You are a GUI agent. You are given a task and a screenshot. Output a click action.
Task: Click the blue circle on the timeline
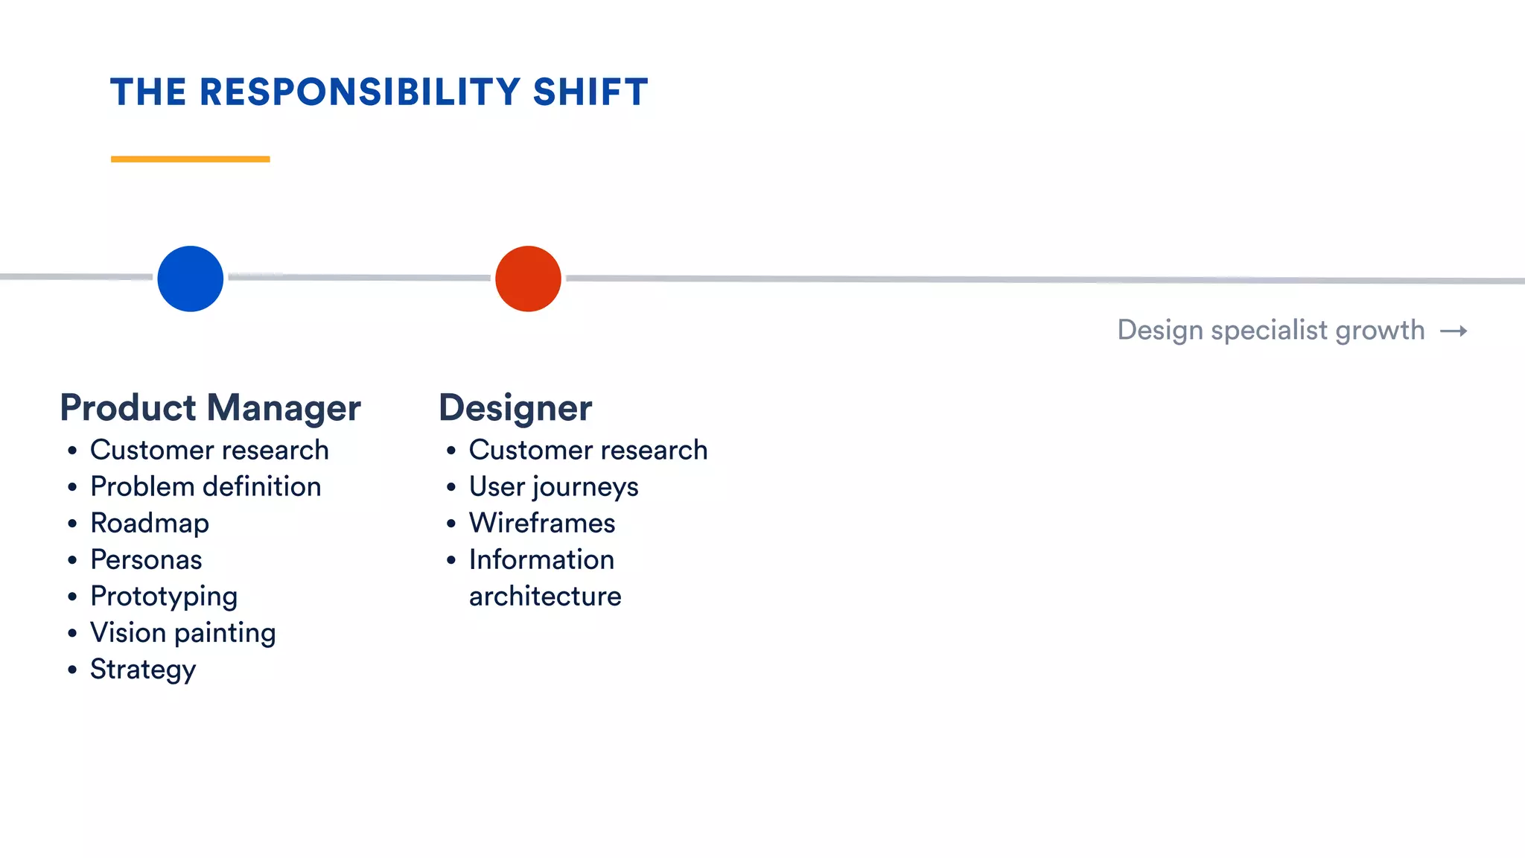click(x=191, y=279)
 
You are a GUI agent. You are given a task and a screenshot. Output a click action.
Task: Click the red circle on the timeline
click(x=528, y=279)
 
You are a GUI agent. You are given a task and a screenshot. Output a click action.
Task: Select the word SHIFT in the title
click(x=590, y=92)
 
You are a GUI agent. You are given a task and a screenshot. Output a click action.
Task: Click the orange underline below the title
click(x=191, y=159)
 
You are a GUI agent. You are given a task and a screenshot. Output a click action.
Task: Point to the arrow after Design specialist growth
click(x=1453, y=331)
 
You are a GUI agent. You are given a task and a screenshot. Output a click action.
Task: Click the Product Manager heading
click(x=210, y=407)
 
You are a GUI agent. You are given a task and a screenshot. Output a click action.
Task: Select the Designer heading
click(x=515, y=407)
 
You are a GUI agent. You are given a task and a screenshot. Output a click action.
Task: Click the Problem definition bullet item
click(x=206, y=486)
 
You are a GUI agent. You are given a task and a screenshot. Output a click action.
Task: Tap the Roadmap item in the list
click(x=150, y=523)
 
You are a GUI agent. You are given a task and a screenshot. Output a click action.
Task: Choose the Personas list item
click(x=146, y=559)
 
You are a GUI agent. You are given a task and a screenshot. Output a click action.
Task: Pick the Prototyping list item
click(x=164, y=596)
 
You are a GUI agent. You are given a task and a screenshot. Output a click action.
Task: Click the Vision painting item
click(x=183, y=632)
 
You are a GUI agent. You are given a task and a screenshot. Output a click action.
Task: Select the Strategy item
click(x=143, y=669)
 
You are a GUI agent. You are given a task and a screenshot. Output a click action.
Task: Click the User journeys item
click(x=553, y=486)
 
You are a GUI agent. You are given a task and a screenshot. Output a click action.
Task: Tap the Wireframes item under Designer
click(x=542, y=523)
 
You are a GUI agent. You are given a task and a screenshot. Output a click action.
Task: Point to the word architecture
click(x=545, y=596)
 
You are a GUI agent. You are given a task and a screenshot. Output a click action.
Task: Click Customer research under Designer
click(x=588, y=450)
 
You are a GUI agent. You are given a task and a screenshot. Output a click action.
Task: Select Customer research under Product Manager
click(x=209, y=450)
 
